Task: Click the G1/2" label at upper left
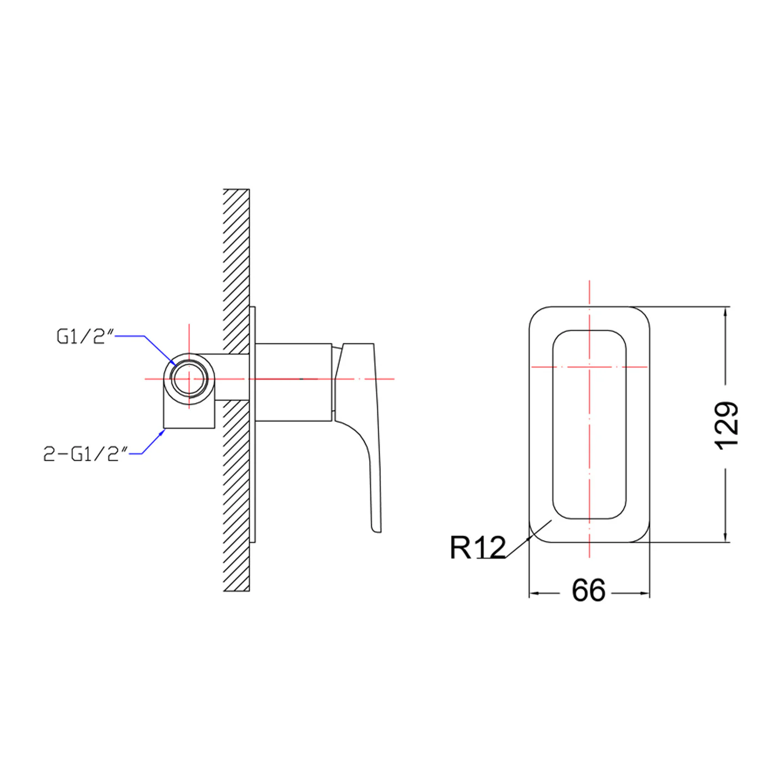click(x=85, y=336)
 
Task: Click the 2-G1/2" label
click(x=85, y=454)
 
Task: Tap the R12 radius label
click(x=477, y=547)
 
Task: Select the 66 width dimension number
click(x=588, y=591)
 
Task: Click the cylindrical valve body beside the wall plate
click(x=293, y=382)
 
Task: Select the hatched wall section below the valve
click(x=236, y=500)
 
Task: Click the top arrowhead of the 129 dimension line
click(x=725, y=311)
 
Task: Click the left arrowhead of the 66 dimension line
click(x=533, y=593)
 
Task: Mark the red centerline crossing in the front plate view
click(x=589, y=367)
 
